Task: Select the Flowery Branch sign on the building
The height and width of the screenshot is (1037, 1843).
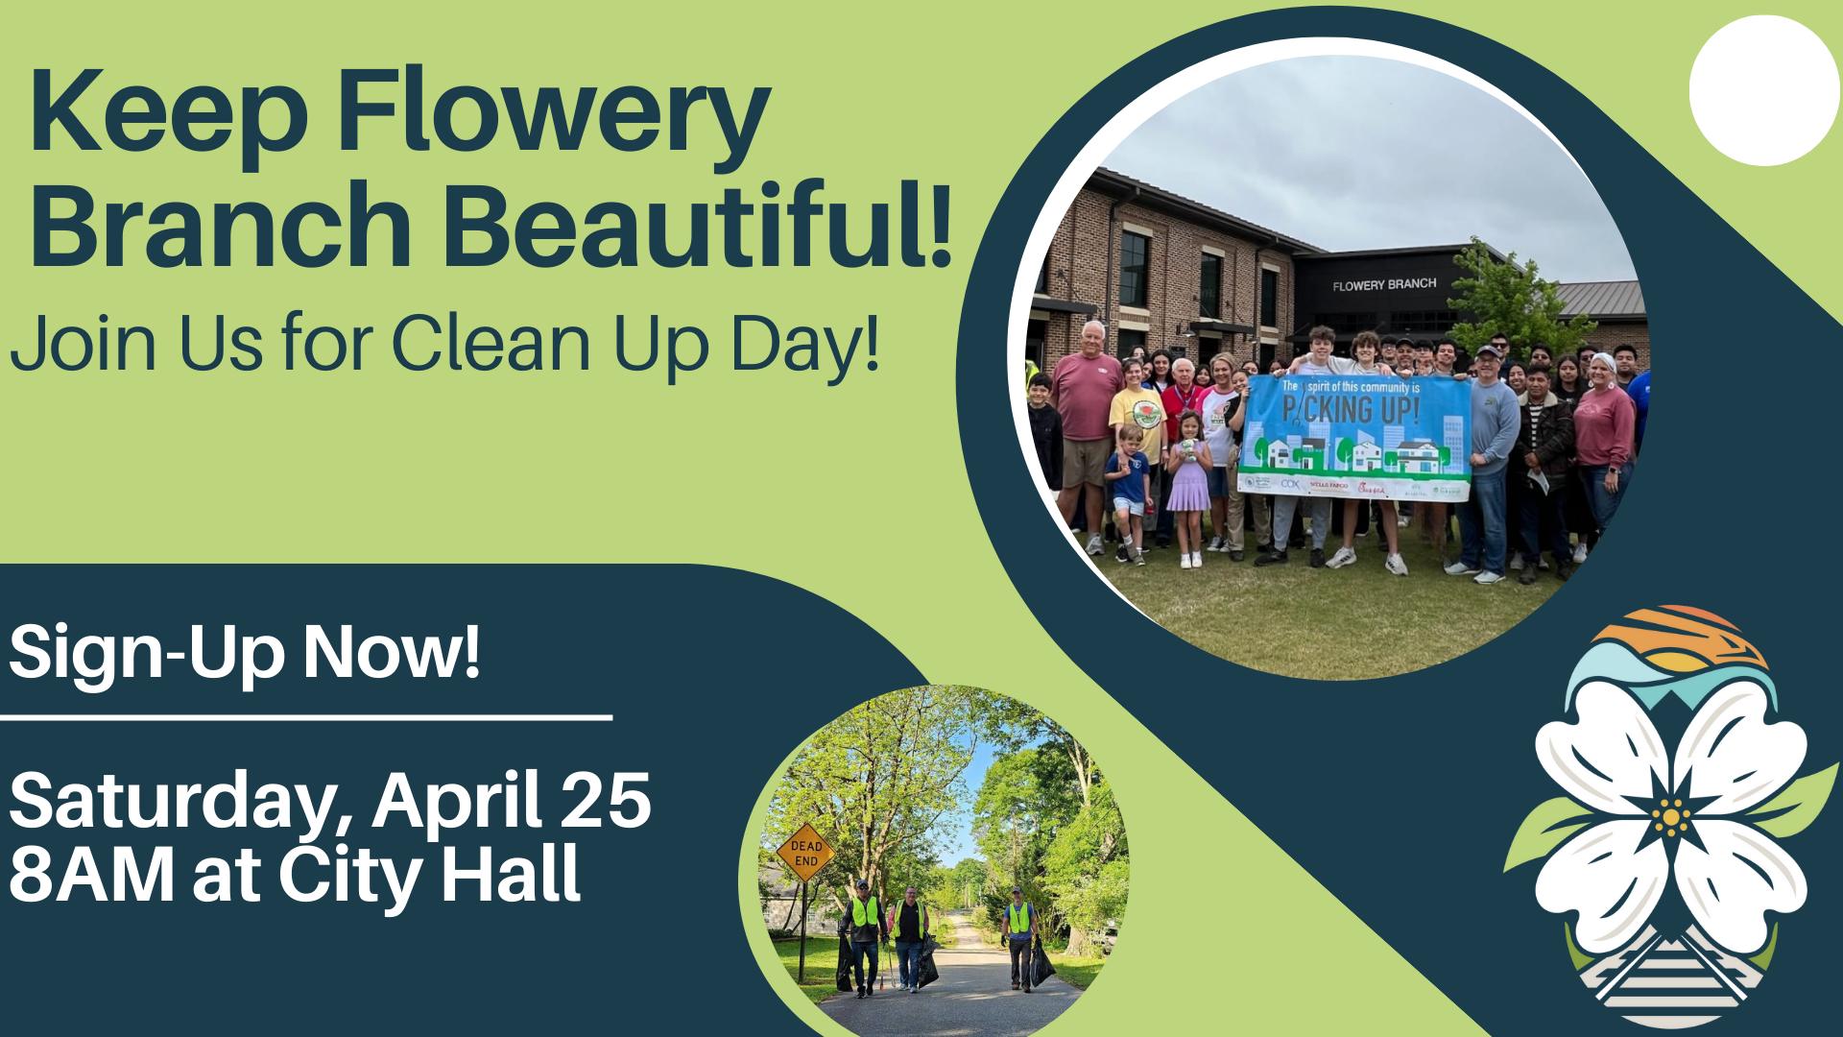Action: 1384,284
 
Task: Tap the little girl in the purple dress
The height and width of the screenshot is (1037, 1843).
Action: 1188,479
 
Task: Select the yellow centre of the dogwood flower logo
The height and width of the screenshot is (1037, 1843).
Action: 1671,817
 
